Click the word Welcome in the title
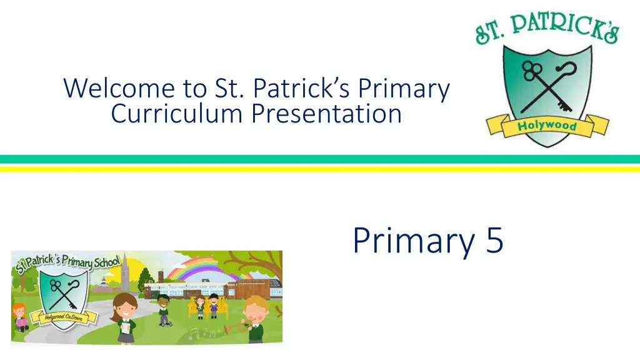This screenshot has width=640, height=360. point(119,88)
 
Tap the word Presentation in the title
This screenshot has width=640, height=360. point(326,114)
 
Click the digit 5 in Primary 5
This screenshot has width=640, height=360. point(495,240)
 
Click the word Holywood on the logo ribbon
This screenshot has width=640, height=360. point(547,126)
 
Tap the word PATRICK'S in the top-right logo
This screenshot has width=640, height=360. point(565,26)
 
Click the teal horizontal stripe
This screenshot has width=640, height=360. point(320,159)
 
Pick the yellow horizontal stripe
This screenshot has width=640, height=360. point(320,169)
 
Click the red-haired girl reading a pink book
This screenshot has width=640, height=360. point(19,317)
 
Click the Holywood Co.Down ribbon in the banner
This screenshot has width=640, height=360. point(64,317)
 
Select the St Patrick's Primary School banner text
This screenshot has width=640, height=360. point(67,262)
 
